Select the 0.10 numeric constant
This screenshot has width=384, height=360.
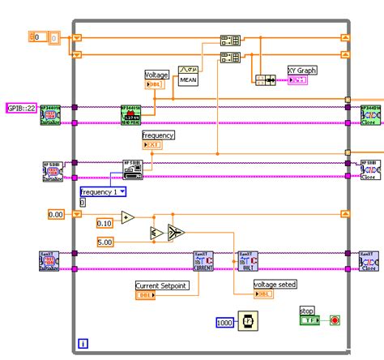point(105,223)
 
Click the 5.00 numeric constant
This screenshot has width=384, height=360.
point(105,242)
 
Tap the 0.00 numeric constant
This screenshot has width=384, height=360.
point(56,214)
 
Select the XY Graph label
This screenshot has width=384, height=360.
point(302,71)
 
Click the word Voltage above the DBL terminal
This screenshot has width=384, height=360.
point(156,75)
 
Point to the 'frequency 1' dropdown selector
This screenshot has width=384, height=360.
point(102,192)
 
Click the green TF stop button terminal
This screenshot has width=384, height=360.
point(309,320)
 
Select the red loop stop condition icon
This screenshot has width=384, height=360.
point(335,320)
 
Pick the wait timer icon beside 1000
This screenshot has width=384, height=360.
point(249,323)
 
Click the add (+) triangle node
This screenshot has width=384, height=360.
point(127,217)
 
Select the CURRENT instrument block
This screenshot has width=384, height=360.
point(203,259)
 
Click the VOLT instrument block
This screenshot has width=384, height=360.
point(246,259)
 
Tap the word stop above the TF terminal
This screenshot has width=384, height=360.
point(306,310)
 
